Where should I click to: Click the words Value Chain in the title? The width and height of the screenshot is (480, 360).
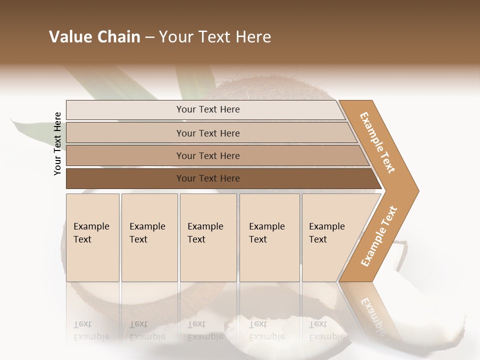94,37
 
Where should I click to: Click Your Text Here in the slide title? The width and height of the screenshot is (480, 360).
215,37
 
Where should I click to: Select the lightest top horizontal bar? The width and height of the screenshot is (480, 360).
207,109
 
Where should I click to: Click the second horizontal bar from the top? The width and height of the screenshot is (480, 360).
207,133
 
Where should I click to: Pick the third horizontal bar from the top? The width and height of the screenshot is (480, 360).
207,155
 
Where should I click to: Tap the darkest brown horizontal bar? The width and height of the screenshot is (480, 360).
207,178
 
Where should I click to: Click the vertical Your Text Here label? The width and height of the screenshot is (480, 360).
57,143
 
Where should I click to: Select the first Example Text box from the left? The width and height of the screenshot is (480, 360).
92,237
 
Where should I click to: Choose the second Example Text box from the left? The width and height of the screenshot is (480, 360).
149,237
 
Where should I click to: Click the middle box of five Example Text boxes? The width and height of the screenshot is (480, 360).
208,237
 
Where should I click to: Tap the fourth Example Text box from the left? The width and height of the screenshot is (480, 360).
269,237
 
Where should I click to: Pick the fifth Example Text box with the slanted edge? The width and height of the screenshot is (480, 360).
330,237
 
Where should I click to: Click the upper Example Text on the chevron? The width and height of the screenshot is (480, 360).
377,142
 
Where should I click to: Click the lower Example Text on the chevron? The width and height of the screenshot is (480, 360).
379,236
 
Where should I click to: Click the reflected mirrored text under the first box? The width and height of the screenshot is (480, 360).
91,330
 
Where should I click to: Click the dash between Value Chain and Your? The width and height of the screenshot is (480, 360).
149,37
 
